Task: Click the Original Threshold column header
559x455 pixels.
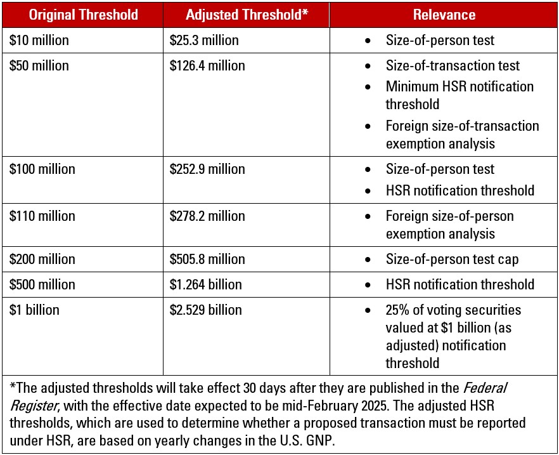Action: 84,15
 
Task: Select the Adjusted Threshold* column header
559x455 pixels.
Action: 247,15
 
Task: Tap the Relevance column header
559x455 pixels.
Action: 444,15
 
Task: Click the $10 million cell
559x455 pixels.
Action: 39,41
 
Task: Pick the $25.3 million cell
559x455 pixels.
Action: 204,41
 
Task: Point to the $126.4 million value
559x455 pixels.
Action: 207,65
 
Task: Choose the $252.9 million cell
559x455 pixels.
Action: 207,169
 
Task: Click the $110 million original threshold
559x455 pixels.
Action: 42,216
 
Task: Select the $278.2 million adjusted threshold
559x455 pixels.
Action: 207,216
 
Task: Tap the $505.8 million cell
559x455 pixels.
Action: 207,260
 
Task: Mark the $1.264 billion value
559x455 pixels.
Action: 206,285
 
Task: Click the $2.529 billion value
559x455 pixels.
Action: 206,310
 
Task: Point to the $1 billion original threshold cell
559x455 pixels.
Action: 35,310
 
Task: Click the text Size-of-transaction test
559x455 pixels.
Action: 453,65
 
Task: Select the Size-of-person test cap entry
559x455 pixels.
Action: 452,260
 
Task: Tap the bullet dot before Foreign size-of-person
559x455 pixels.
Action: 368,217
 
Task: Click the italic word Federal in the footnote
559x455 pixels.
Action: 485,388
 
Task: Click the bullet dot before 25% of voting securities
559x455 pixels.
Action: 368,311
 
